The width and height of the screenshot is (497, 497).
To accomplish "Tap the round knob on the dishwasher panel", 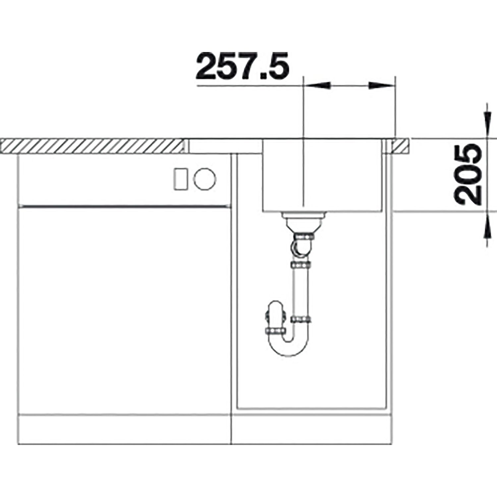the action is pyautogui.click(x=205, y=179).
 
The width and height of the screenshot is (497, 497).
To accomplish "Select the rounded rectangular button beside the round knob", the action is pyautogui.click(x=182, y=179).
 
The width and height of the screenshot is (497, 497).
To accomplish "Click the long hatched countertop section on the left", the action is pyautogui.click(x=93, y=146).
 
